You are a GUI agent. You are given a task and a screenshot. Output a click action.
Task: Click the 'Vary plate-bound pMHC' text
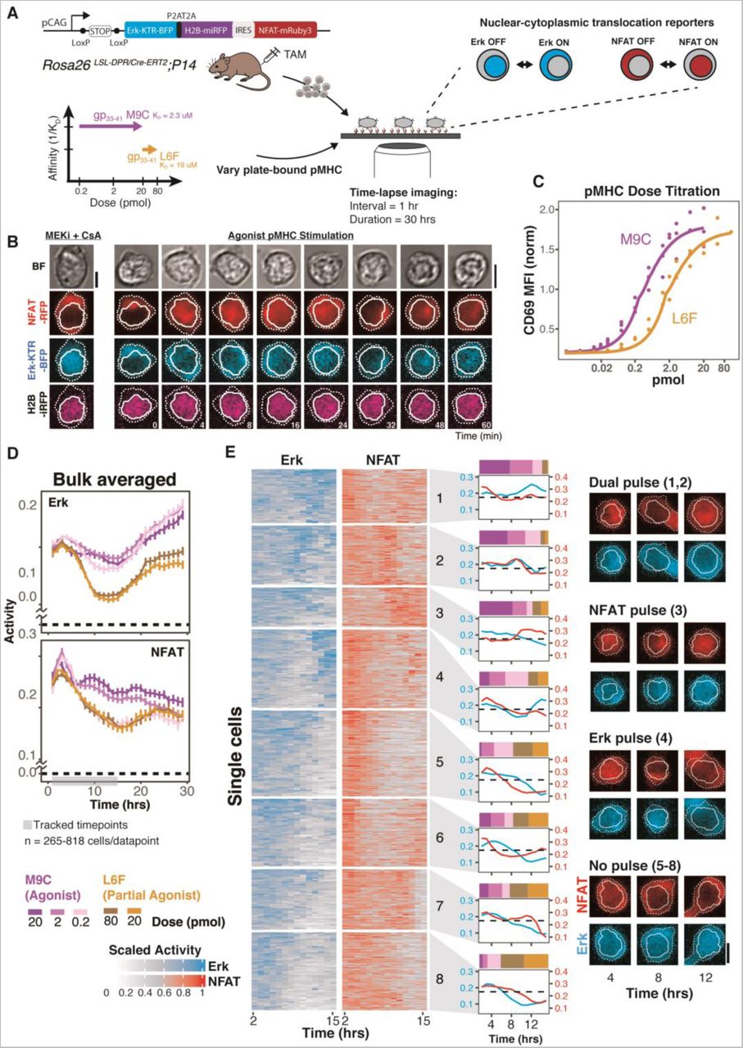click(x=256, y=169)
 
